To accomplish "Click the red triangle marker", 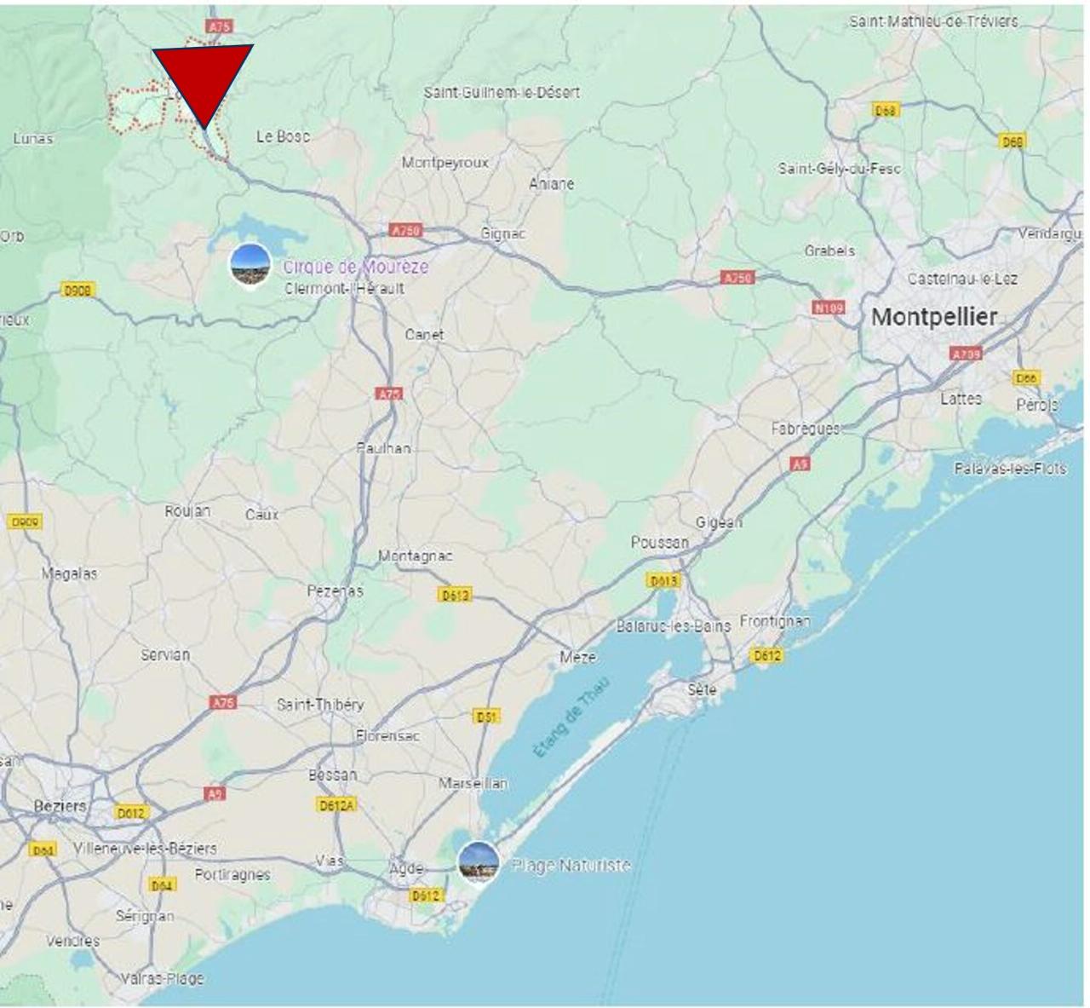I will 203,78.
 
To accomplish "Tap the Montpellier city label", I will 933,317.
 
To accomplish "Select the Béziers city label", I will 60,805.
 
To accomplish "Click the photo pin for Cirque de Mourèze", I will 250,264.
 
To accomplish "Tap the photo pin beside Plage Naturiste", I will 478,861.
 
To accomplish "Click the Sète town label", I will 702,689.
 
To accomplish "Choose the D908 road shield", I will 78,291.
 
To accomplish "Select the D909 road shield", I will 24,521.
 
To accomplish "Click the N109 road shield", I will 828,308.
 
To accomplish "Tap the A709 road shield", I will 966,353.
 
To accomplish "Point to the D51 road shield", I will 486,717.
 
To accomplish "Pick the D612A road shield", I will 336,804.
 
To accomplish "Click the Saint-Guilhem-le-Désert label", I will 502,92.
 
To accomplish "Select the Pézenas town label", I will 335,590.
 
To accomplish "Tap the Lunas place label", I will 32,138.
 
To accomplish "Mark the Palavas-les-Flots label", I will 1010,468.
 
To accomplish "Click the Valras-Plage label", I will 162,978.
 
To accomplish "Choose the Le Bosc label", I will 283,136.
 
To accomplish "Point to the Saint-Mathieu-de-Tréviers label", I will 932,21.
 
